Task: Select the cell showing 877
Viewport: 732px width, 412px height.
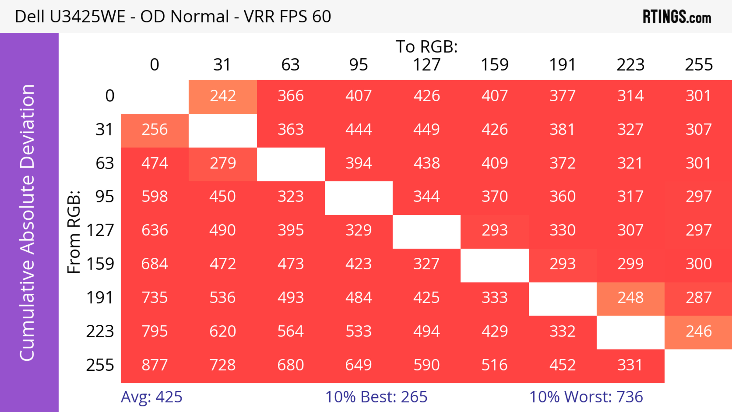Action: (155, 365)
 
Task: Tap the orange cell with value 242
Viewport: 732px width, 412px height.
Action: (223, 96)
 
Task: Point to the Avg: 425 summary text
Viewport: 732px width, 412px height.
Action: (152, 397)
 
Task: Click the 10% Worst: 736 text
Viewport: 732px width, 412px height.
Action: (586, 397)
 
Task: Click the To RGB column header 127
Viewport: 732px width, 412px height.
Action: (427, 65)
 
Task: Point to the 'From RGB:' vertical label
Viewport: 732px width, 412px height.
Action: (74, 232)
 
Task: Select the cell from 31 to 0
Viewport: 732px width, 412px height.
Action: (155, 130)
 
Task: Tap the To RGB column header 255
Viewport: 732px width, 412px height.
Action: (698, 65)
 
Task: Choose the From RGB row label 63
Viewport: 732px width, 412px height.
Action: (105, 163)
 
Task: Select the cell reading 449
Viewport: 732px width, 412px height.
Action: (427, 130)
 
